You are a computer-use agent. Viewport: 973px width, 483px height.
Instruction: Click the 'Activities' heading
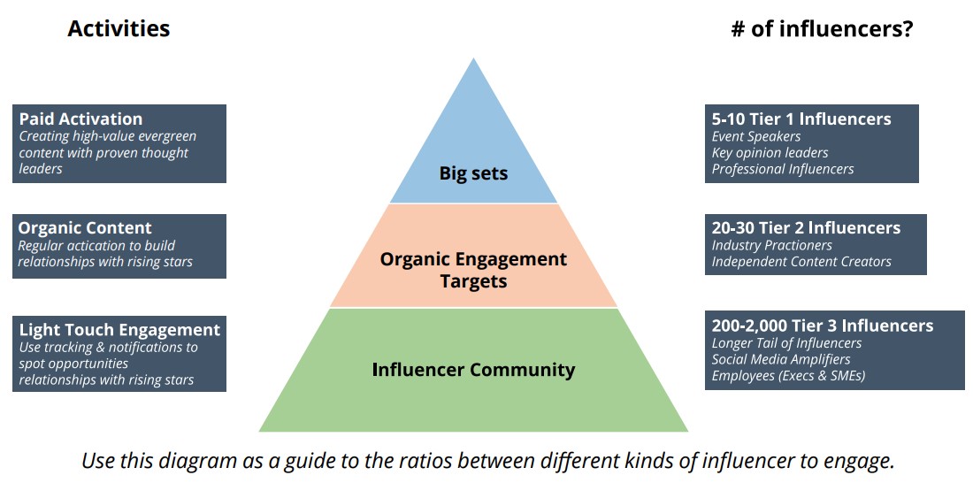[119, 29]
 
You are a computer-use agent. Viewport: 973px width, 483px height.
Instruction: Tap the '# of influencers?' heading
[822, 29]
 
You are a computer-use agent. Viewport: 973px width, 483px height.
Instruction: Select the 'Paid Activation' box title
[80, 119]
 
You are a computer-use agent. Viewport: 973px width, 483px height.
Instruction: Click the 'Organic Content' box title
[85, 228]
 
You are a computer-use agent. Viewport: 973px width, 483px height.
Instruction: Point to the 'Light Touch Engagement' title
[119, 330]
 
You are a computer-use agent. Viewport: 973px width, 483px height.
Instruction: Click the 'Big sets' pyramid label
[473, 173]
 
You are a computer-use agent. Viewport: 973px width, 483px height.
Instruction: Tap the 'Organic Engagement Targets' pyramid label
[473, 270]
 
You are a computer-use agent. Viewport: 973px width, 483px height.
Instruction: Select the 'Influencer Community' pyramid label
[473, 369]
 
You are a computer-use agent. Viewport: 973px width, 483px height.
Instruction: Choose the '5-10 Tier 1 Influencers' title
[801, 119]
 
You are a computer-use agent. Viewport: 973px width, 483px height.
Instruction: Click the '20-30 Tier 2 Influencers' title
[806, 227]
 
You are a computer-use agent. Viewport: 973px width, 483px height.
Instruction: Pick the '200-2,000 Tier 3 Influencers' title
[822, 326]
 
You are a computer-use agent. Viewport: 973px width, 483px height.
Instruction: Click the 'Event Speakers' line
[756, 136]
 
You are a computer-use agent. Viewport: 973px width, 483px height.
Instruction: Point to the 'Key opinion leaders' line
[770, 152]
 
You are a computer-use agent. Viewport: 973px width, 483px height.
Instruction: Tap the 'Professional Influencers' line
[783, 168]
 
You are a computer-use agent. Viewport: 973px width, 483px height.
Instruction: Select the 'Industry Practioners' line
[771, 245]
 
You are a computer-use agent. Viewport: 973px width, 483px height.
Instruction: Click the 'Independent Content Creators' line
[801, 261]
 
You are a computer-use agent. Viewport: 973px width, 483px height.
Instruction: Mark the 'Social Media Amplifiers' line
[781, 359]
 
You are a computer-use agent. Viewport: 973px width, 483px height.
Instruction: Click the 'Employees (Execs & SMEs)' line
[788, 375]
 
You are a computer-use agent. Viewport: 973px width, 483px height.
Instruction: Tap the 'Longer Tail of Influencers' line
[786, 343]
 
